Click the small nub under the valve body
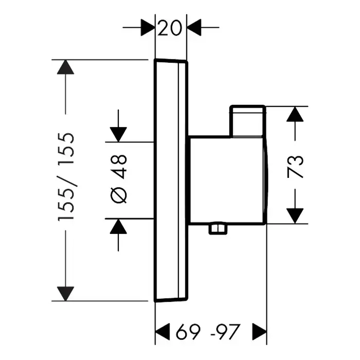point(218,229)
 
